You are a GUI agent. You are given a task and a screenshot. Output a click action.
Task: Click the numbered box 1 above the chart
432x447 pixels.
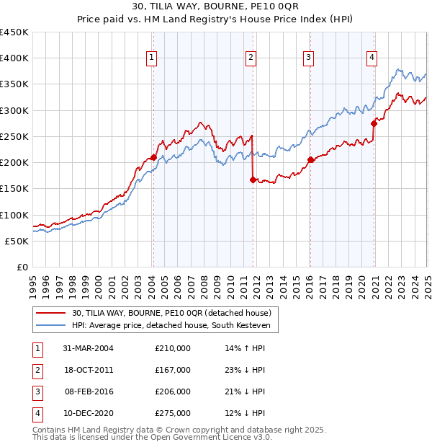tap(153, 59)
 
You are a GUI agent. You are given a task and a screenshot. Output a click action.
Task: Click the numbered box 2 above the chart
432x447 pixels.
tap(251, 59)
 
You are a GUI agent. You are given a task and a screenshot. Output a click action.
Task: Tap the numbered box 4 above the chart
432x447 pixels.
tap(372, 59)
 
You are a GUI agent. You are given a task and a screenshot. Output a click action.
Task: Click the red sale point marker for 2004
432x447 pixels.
tap(153, 157)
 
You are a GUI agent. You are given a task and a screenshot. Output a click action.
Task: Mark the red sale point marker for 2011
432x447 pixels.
tap(253, 180)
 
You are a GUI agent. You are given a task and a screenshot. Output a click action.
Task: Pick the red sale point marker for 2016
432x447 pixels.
tap(310, 159)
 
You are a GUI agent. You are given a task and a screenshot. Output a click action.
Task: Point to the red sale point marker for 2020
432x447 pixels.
tap(374, 123)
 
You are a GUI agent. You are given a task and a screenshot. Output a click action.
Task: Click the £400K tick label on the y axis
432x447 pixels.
tap(14, 58)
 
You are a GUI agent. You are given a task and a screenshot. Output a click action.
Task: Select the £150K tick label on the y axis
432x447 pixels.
tap(14, 189)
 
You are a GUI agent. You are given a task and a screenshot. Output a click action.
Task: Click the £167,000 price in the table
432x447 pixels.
tap(172, 370)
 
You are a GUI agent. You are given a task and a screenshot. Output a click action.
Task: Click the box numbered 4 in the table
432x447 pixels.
tap(36, 413)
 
